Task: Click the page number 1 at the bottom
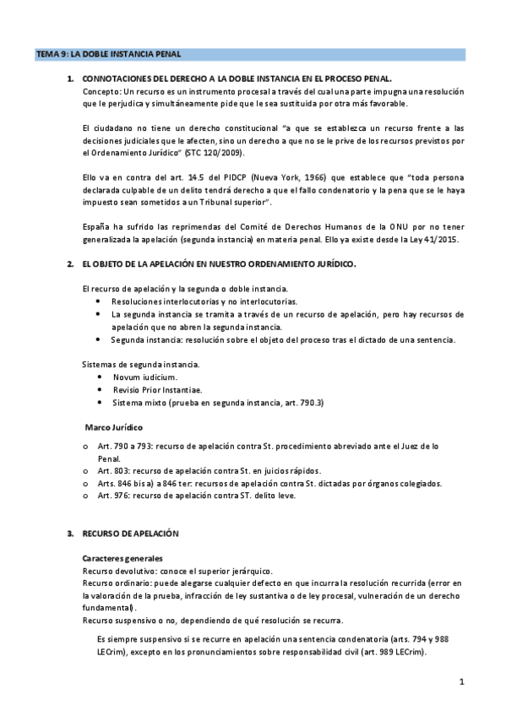(x=462, y=681)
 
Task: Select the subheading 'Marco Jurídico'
(x=114, y=428)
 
